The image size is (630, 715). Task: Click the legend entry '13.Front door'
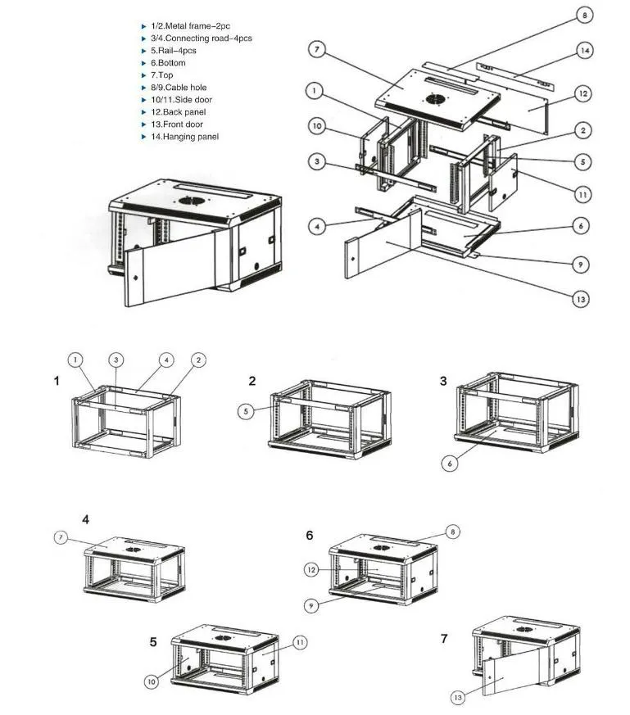coord(176,124)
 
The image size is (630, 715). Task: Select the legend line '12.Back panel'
coord(178,112)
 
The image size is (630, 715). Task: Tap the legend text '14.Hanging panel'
coord(184,137)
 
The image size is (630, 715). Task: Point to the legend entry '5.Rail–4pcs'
coord(173,51)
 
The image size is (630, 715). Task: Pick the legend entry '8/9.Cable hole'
coord(179,88)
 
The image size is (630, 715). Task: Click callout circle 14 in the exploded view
coord(584,51)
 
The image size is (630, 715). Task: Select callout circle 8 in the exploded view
coord(583,14)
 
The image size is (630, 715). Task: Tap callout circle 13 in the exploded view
coord(580,300)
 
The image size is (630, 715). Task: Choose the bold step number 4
coord(86,519)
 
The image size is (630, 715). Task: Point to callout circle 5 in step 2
coord(247,412)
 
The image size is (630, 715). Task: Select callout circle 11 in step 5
coord(300,643)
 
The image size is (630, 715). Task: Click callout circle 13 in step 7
coord(459,697)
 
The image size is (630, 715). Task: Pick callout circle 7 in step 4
coord(61,537)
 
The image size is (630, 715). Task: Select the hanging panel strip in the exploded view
coord(514,76)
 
